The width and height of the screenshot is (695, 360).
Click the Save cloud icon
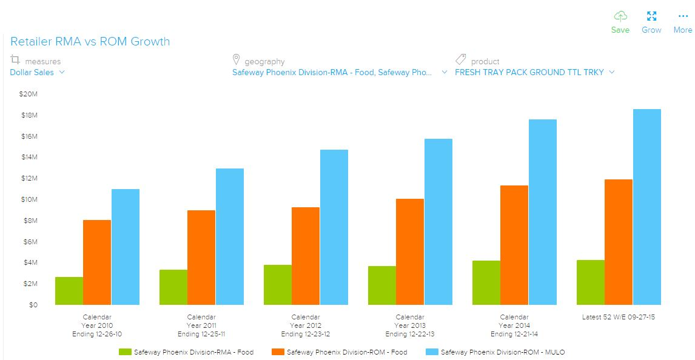coord(620,16)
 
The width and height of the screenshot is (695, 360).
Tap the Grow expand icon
coord(651,16)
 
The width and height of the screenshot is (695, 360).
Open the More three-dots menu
coord(683,16)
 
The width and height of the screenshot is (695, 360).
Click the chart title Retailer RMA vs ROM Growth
coord(90,42)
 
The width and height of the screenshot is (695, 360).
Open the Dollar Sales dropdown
coord(37,73)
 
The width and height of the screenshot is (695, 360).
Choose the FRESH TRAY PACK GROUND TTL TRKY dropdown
coord(534,73)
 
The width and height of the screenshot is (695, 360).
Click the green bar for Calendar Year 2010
coord(69,291)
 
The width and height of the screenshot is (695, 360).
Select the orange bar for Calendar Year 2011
coord(201,258)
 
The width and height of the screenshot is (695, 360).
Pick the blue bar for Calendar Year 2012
coord(334,227)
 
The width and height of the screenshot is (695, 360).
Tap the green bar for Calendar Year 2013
coord(382,285)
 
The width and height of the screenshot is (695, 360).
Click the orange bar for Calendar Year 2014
coord(514,245)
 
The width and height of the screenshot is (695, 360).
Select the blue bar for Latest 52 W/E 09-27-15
coord(647,207)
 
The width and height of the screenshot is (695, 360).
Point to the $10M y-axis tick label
coord(29,199)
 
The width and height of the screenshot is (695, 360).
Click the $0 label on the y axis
coord(33,305)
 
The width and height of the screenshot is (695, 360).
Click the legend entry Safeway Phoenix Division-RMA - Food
coord(193,352)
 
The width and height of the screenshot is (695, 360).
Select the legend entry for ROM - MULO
coord(503,352)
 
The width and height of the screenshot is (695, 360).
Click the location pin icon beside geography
coord(237,60)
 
